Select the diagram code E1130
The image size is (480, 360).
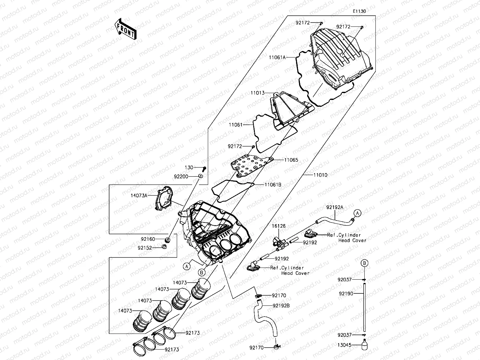(x=359, y=11)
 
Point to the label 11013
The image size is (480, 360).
(x=257, y=93)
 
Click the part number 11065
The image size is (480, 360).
(x=291, y=160)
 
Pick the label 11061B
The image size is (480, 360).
(x=273, y=185)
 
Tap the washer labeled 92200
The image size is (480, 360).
(x=200, y=176)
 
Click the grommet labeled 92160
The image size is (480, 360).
(x=168, y=240)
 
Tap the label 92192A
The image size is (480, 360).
(x=335, y=207)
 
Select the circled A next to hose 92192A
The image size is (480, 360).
(x=357, y=213)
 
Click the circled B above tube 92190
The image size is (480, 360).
(x=365, y=263)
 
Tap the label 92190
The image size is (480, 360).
(x=346, y=294)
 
